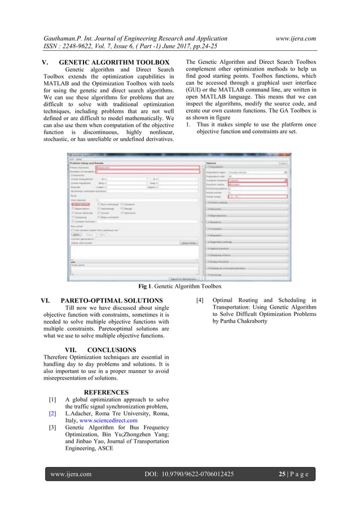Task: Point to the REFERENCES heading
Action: tap(106, 392)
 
